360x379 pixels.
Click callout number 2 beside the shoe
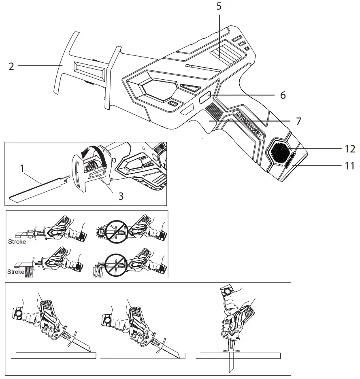pos(11,66)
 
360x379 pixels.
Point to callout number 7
pos(299,121)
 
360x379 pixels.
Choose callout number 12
pos(349,149)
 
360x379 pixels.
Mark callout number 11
pos(349,166)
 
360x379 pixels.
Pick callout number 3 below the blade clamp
pos(121,196)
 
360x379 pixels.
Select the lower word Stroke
pos(16,272)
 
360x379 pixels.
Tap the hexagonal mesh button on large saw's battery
pos(279,152)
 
